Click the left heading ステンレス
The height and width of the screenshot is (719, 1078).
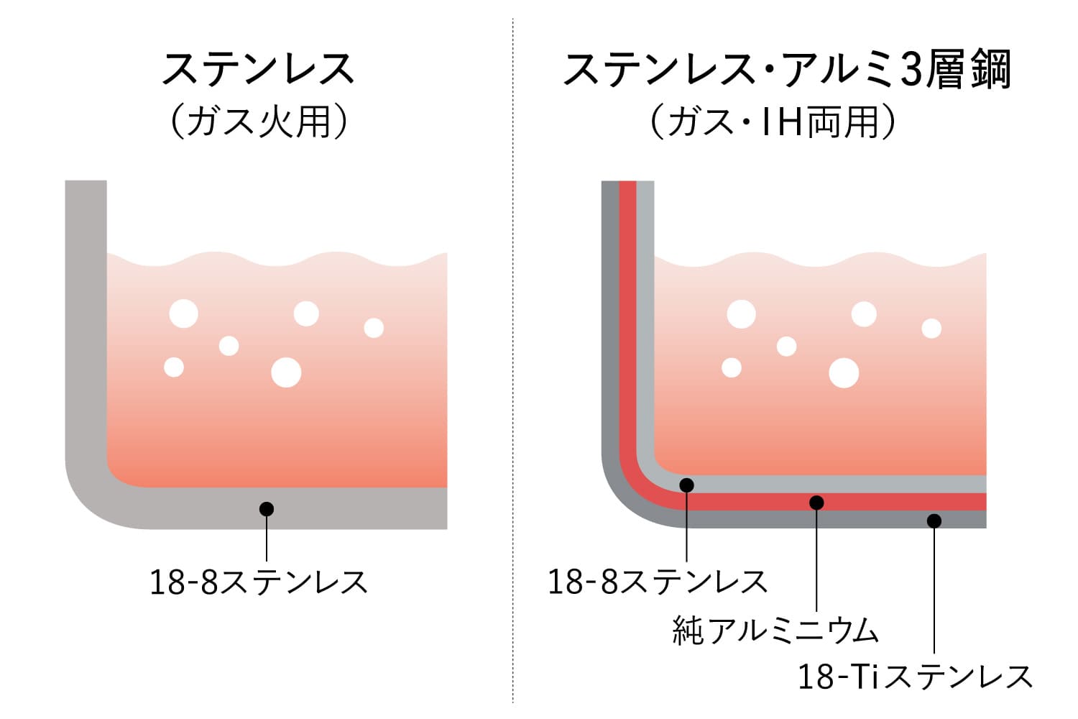259,69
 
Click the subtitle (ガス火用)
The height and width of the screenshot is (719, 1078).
259,121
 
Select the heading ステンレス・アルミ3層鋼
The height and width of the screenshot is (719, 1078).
787,70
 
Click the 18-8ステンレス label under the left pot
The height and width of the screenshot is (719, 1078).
259,582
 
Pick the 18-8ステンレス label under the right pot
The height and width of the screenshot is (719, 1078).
658,581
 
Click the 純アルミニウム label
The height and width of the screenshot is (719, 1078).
775,630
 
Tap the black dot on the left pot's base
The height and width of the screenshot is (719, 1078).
267,509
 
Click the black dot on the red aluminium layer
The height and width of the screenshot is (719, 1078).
816,503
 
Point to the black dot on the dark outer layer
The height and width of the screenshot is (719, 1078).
934,521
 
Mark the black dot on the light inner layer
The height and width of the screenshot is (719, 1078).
687,485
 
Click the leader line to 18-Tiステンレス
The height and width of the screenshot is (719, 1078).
934,587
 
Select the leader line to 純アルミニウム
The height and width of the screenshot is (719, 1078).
816,557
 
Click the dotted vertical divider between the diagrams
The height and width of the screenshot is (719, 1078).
513,360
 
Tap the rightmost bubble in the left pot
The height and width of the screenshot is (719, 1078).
374,328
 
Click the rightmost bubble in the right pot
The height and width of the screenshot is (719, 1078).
931,329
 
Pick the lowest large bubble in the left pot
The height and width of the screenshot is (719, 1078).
286,372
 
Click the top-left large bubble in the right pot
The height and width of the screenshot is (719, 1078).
741,314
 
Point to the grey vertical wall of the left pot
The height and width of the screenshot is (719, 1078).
86,313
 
